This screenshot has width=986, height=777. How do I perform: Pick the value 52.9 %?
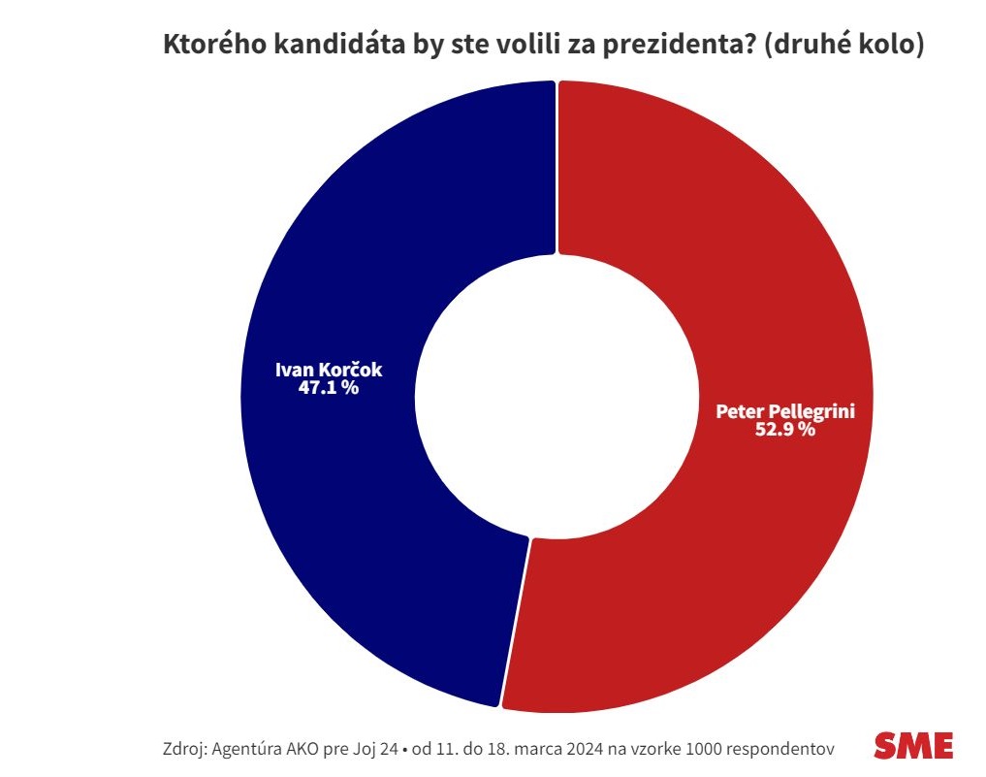tap(784, 430)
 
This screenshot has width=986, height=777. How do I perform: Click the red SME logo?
tap(913, 745)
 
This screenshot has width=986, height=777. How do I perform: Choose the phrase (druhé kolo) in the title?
tap(843, 46)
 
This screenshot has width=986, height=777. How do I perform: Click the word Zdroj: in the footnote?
tap(185, 750)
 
